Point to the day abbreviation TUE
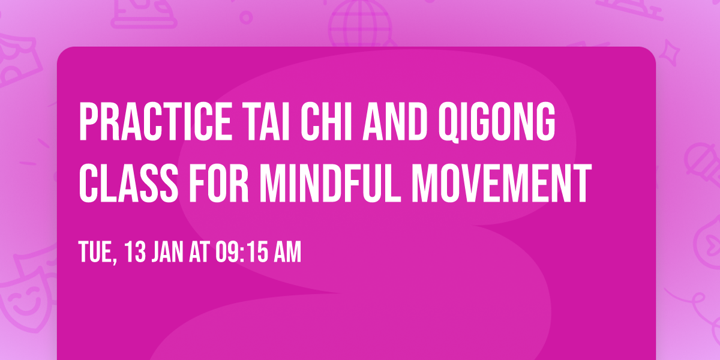(96, 253)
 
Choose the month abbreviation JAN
(171, 253)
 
